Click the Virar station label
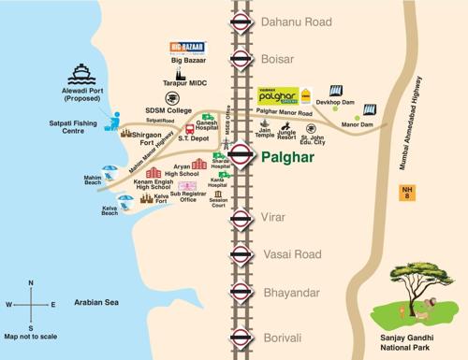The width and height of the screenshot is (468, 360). (x=277, y=216)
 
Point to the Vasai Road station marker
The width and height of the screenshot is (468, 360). (x=241, y=253)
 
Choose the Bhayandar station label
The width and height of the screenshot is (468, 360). (x=291, y=293)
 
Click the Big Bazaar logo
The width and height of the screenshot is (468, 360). (x=188, y=49)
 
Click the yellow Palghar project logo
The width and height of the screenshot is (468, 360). (x=276, y=94)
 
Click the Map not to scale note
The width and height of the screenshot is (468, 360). (x=31, y=336)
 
